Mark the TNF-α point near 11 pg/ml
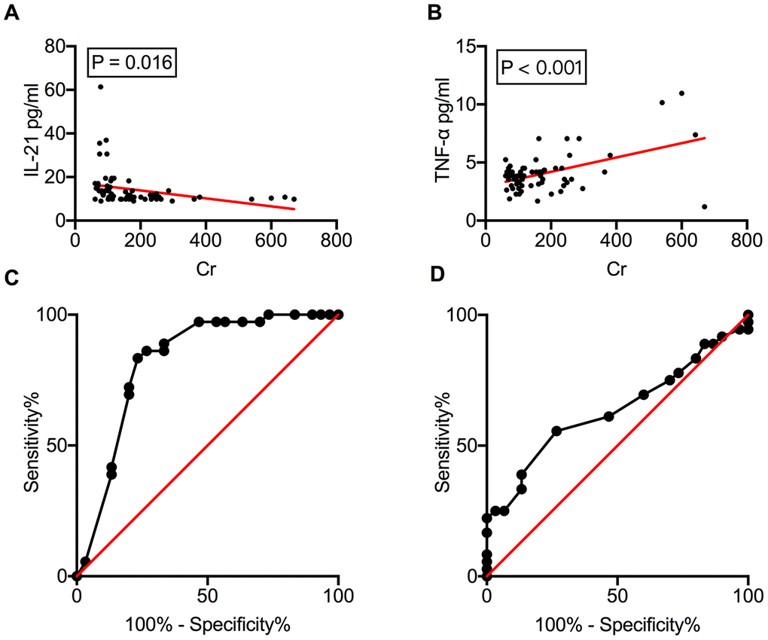(681, 93)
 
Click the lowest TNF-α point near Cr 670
(704, 206)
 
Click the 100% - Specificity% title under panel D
(617, 626)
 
